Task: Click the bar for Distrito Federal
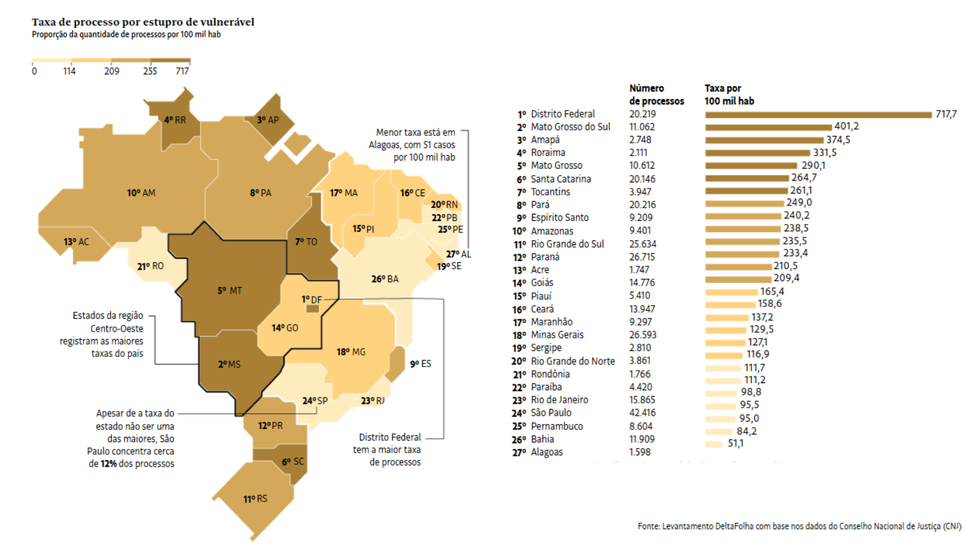coord(818,115)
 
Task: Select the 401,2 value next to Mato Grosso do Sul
coord(846,126)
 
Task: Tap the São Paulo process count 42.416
coord(642,413)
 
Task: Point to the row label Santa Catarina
coord(560,179)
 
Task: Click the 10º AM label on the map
coord(141,193)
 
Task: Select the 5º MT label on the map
coord(230,291)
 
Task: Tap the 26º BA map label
coord(385,279)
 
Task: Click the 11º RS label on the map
coord(255,499)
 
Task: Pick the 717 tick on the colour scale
coord(182,71)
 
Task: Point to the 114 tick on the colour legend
coord(69,71)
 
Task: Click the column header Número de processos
coord(656,95)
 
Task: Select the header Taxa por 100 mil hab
coord(729,95)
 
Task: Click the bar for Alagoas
coord(713,444)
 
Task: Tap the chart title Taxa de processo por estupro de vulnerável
coord(143,22)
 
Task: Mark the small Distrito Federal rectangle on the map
coord(313,309)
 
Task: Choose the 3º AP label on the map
coord(268,120)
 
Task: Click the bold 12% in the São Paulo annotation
coord(108,463)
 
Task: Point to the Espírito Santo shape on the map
coord(395,364)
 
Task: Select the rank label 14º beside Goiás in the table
coord(519,283)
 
